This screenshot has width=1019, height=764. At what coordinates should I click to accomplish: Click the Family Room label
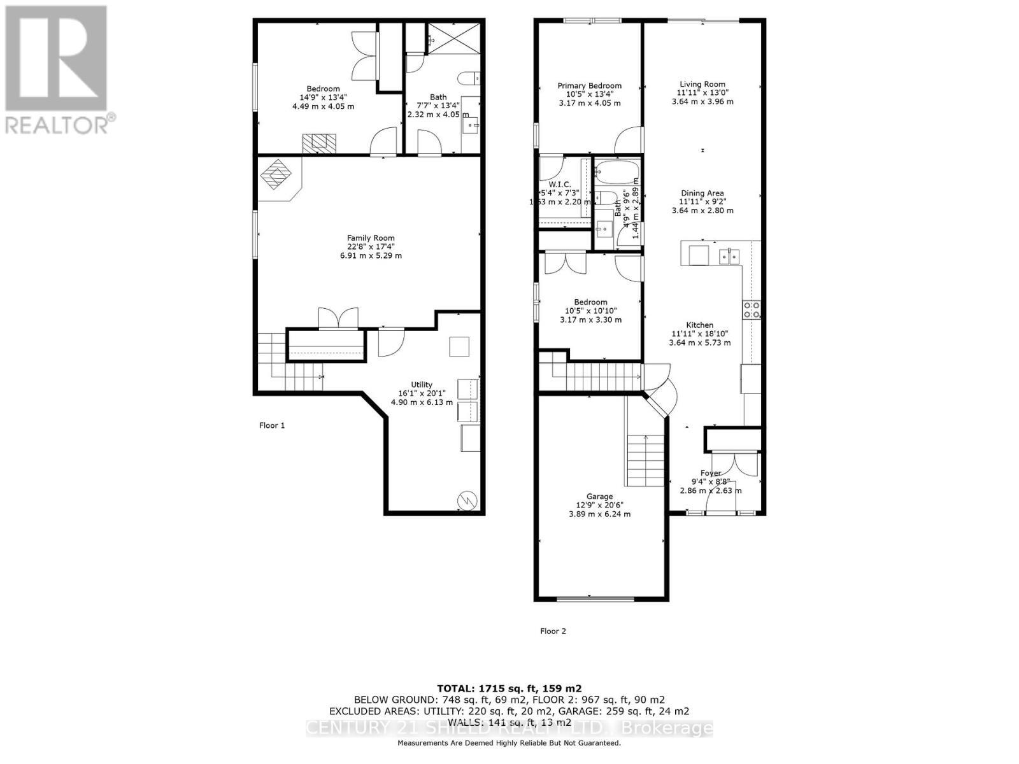coord(371,238)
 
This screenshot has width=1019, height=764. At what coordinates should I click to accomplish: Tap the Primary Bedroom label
coord(589,86)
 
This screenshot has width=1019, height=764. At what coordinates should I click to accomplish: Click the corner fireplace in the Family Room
coord(278,174)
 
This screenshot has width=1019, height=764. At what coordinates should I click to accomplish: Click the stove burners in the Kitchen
coord(752,309)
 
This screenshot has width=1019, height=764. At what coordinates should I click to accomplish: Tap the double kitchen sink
coord(729,257)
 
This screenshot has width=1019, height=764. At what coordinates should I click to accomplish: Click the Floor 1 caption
coord(272,425)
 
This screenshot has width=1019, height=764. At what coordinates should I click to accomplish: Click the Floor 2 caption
coord(553,631)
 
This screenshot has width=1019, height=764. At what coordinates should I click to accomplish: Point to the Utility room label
coord(421,385)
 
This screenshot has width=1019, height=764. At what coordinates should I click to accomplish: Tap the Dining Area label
coord(702,194)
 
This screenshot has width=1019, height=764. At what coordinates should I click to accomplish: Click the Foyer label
coord(710,473)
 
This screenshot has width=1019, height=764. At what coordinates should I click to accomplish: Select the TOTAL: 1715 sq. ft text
coord(509,688)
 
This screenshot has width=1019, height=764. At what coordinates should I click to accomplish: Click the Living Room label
coord(702,84)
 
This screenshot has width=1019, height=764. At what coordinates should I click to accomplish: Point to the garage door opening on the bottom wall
coord(595,598)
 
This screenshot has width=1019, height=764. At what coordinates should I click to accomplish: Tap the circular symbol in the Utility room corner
coord(467,500)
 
